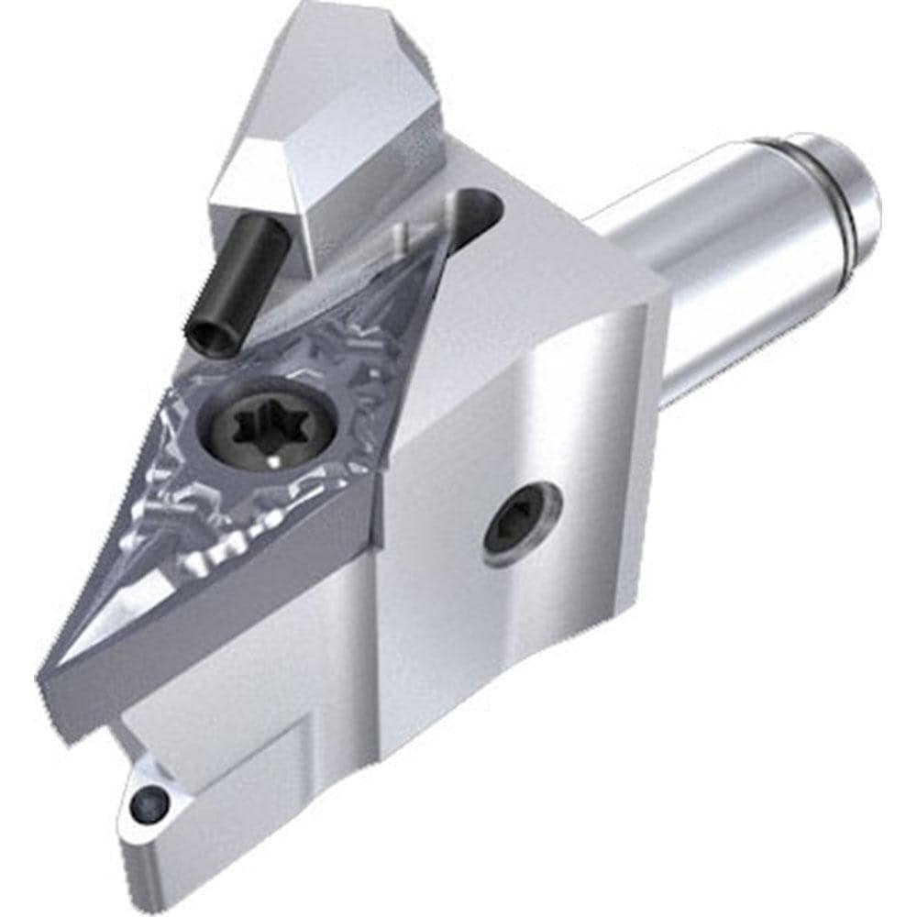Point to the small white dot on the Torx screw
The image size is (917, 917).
(275, 465)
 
